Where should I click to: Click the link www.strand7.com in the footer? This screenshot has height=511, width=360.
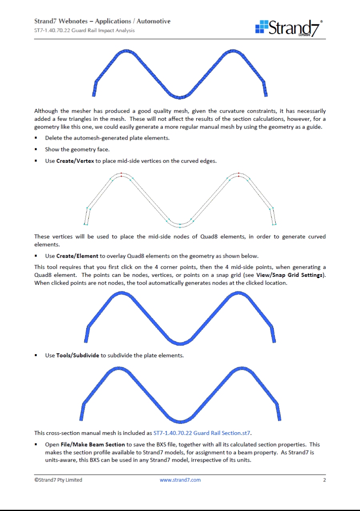click(x=180, y=480)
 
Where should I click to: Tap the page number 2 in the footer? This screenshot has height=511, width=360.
click(x=324, y=480)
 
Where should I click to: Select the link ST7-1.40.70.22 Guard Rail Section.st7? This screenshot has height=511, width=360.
click(x=202, y=433)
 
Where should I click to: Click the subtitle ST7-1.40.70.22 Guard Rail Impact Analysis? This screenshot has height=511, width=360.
click(x=84, y=30)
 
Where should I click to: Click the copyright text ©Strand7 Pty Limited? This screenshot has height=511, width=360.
click(x=58, y=480)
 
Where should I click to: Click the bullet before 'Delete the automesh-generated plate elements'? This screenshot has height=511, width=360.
click(x=36, y=138)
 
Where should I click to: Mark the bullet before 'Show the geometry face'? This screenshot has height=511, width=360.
click(x=36, y=150)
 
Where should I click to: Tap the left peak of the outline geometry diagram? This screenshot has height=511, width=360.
click(x=121, y=174)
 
